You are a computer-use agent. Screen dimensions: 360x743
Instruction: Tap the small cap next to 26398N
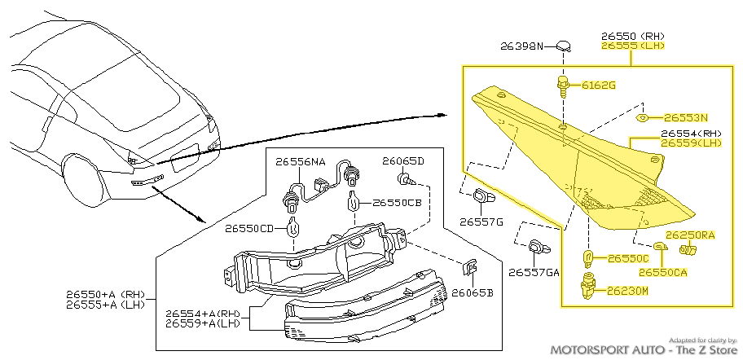(x=564, y=46)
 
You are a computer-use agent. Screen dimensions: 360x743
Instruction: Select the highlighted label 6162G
(x=598, y=85)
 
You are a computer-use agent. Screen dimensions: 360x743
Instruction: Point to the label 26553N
(x=686, y=117)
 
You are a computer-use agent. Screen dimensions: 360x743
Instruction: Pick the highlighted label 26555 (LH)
(x=633, y=46)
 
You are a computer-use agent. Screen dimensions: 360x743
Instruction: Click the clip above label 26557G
(x=483, y=196)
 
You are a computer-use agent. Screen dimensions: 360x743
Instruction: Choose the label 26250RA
(x=691, y=235)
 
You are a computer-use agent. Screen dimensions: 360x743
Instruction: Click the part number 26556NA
(x=299, y=162)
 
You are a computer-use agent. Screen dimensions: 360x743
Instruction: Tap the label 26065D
(x=403, y=161)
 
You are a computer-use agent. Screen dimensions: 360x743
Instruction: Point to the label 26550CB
(x=397, y=203)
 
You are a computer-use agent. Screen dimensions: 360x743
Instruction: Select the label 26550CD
(x=252, y=229)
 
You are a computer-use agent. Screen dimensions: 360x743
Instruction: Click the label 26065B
(x=473, y=292)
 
